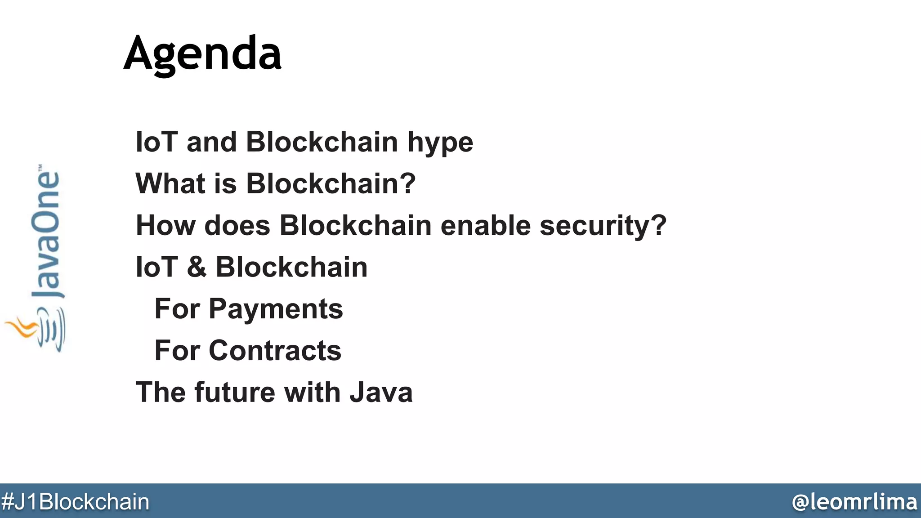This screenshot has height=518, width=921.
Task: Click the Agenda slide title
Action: (202, 54)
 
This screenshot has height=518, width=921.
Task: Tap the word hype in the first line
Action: (440, 143)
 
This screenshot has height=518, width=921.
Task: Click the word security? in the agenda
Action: (603, 226)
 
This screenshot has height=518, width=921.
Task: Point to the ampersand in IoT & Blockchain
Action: (197, 267)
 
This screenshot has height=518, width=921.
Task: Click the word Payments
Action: (276, 309)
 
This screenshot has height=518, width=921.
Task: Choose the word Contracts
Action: (275, 351)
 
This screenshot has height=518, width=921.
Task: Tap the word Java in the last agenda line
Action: (381, 392)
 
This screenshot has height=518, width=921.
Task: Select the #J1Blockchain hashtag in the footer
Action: (75, 502)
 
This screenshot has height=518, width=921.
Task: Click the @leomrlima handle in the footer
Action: (854, 502)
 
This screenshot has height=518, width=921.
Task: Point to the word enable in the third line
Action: (486, 226)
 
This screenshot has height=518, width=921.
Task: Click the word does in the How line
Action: (237, 226)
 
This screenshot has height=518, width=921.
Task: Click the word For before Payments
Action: (177, 309)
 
